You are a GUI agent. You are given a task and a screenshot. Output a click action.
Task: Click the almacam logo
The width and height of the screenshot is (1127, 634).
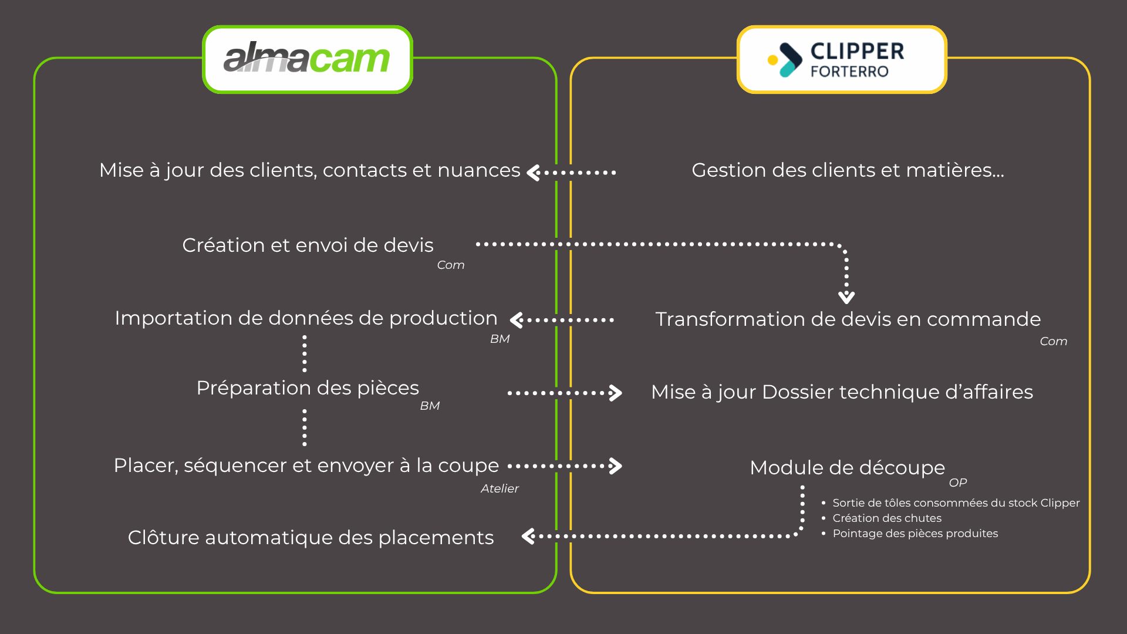(307, 59)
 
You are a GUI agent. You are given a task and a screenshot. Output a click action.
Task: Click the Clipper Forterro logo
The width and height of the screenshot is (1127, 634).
(842, 59)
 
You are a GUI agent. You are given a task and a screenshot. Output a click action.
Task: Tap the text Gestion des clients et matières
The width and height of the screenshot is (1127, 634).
(848, 170)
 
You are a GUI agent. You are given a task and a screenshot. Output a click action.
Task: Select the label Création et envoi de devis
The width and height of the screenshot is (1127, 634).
(308, 245)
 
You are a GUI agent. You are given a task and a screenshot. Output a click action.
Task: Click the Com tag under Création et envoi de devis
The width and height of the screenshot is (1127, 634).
(450, 265)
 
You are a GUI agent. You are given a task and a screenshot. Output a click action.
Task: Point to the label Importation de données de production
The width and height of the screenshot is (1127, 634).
(306, 318)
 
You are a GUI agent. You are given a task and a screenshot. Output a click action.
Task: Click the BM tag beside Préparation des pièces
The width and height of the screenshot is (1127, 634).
(430, 406)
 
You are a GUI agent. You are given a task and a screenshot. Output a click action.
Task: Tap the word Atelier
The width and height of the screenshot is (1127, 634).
(500, 489)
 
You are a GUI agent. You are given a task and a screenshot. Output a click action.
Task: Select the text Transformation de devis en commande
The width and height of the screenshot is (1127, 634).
(848, 319)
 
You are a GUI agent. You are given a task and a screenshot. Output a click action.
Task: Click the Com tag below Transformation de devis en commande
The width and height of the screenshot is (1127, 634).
(1053, 342)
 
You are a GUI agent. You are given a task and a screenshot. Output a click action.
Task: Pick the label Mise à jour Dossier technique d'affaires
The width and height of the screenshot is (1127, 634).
(842, 392)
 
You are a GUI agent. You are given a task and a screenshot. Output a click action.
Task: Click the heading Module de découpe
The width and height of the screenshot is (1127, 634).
(847, 468)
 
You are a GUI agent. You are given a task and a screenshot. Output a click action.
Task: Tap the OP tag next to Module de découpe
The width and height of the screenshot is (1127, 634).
(957, 483)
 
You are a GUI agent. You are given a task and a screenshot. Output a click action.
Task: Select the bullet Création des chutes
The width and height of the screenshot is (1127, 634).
(886, 518)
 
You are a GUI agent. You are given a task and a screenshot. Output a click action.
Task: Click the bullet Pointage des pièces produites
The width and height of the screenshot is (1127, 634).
(915, 534)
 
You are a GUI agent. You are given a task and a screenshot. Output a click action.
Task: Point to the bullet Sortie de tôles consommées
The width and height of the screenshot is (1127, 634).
(956, 503)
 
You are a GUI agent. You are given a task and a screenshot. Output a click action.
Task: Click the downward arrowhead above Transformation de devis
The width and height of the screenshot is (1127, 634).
(846, 297)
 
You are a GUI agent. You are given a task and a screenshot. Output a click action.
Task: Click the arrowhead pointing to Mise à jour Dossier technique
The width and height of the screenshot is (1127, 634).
(615, 393)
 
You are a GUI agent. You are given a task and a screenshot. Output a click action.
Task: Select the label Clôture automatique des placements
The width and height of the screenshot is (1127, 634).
(311, 538)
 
